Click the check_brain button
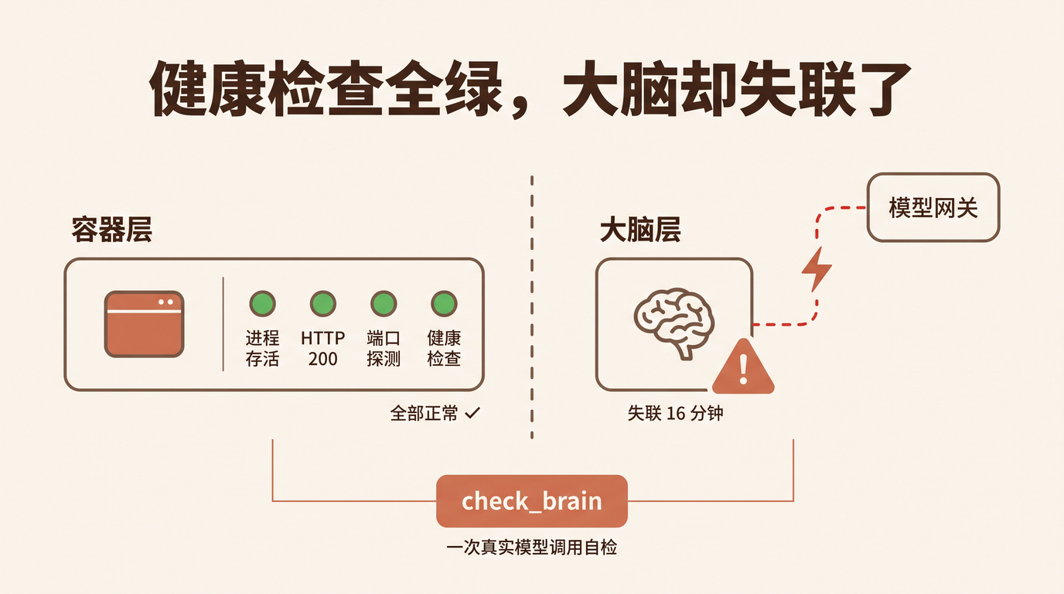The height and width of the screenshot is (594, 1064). coord(531,501)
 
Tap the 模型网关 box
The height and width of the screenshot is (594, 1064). coord(933,207)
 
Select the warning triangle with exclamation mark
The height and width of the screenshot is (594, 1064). coord(743,367)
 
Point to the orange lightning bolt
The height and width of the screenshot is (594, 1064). coord(817,269)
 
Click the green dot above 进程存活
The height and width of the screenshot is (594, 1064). coord(262,304)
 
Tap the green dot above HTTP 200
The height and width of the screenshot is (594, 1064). coord(323,304)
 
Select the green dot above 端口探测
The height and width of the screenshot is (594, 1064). coord(384,304)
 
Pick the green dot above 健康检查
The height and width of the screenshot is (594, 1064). coord(444,304)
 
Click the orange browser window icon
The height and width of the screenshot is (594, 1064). coord(145,324)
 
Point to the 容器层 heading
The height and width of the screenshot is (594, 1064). coord(112,230)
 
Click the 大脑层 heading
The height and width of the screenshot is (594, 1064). coord(640,230)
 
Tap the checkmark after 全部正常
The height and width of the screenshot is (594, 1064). coord(472,413)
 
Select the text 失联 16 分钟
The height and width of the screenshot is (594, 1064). coord(676,414)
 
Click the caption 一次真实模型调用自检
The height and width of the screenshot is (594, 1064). coord(531,548)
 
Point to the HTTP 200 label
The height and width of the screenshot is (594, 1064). coord(323,348)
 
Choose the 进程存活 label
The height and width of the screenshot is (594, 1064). coord(262,348)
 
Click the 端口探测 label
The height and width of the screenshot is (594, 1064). coord(384,348)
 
